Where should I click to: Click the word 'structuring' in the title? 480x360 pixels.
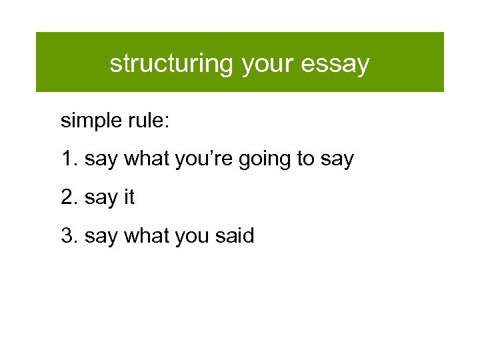[x=171, y=64]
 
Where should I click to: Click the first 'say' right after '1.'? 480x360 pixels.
[x=101, y=161]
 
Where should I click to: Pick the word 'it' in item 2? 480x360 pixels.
[x=129, y=198]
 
